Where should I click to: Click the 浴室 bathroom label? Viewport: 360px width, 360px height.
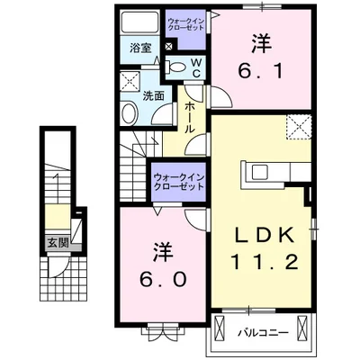[x=139, y=48]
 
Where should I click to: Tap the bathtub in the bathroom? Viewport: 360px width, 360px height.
[x=139, y=22]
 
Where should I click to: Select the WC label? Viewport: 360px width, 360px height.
[x=194, y=66]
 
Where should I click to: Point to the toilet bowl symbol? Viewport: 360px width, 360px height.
[x=175, y=65]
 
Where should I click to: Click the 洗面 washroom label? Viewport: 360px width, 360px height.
[x=153, y=95]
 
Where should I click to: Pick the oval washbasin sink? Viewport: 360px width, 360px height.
[x=129, y=112]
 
